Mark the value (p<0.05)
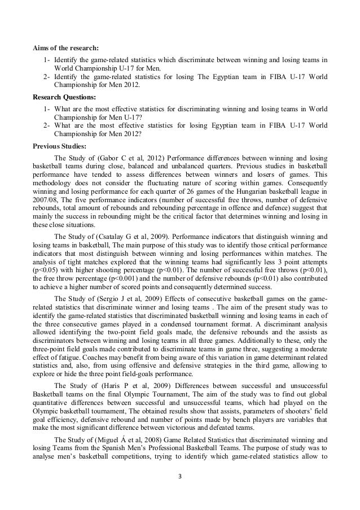click(48, 264)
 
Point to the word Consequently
click(305, 188)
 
